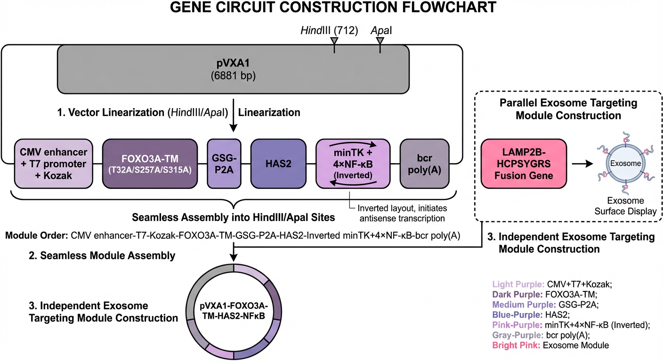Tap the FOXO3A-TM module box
click(x=149, y=163)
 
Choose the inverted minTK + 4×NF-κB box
click(x=352, y=163)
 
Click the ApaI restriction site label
click(x=381, y=31)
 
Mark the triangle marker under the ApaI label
click(x=380, y=42)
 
